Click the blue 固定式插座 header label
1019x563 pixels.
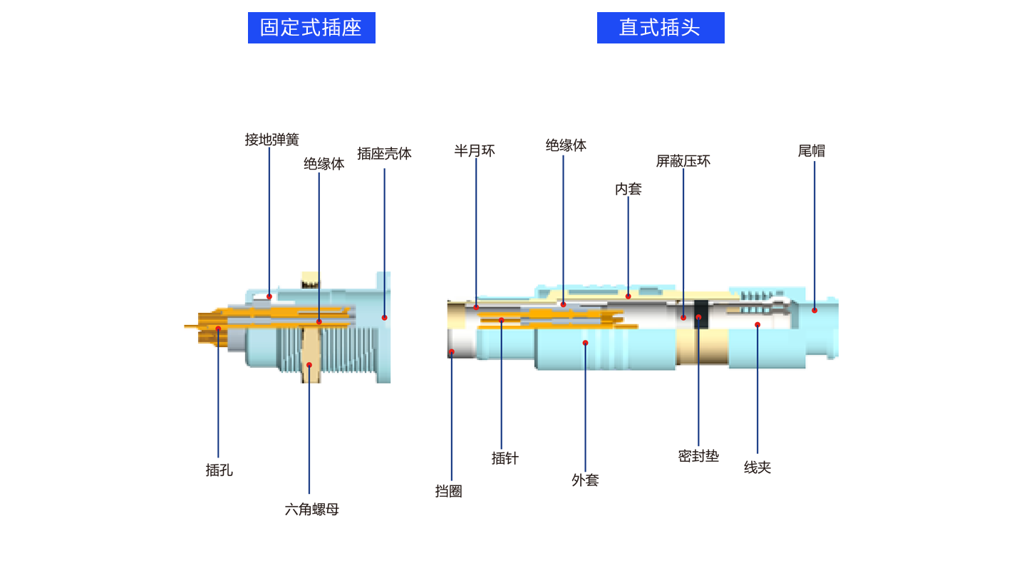(311, 27)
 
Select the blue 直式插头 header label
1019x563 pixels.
(660, 27)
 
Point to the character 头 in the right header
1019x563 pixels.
(690, 27)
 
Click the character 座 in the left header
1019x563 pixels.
(352, 27)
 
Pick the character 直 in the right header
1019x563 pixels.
(629, 27)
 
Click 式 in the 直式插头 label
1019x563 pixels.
(649, 27)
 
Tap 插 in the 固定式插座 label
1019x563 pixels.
(331, 27)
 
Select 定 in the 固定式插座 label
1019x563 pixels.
(290, 27)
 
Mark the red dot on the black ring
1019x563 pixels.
(698, 317)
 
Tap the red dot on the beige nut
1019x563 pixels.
(309, 365)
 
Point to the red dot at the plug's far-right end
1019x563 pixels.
(814, 310)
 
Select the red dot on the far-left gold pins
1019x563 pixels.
(218, 329)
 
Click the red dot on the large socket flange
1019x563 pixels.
(384, 318)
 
